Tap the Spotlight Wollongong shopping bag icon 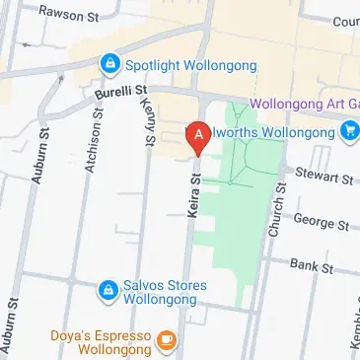pyautogui.click(x=109, y=66)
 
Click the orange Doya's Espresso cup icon pyautogui.click(x=166, y=341)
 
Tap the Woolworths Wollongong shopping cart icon pyautogui.click(x=349, y=131)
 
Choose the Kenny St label pyautogui.click(x=148, y=125)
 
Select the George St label pyautogui.click(x=321, y=226)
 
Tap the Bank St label pyautogui.click(x=314, y=267)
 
